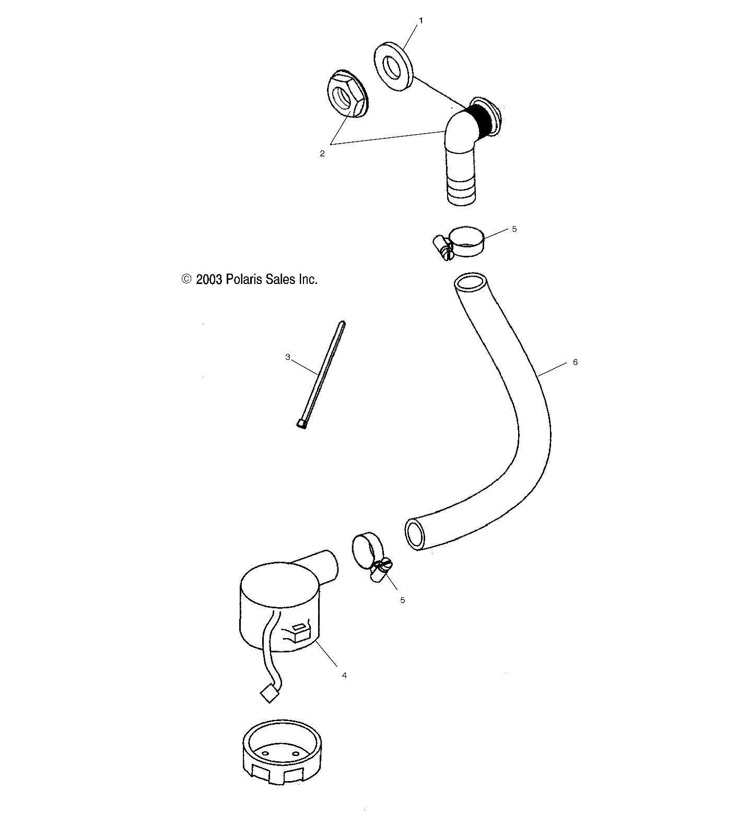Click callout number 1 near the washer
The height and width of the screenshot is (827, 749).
(421, 20)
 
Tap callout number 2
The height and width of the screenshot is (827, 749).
(322, 153)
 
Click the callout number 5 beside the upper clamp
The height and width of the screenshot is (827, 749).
(514, 229)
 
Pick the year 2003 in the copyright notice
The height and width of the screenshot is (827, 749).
(209, 280)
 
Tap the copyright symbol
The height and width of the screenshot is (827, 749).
(186, 279)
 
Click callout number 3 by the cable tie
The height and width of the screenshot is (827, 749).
(288, 357)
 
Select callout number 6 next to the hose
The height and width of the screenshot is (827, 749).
(575, 362)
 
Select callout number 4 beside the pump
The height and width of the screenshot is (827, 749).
(344, 675)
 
